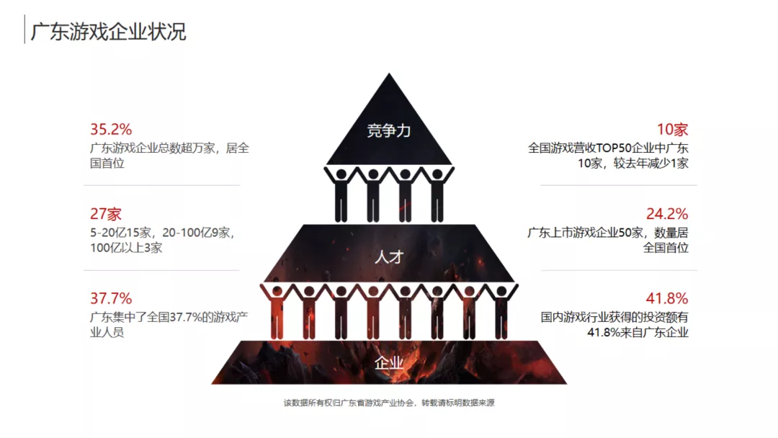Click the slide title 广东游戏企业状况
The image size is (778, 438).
pyautogui.click(x=108, y=31)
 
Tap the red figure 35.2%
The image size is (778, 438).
pyautogui.click(x=111, y=130)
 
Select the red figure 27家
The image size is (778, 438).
pyautogui.click(x=106, y=214)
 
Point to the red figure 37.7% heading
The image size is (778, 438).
pyautogui.click(x=111, y=298)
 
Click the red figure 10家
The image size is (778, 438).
pyautogui.click(x=672, y=130)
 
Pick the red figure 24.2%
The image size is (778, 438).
pyautogui.click(x=667, y=214)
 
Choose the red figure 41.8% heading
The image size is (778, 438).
pyautogui.click(x=667, y=298)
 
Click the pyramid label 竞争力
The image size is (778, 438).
pyautogui.click(x=388, y=130)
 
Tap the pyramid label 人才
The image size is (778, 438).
pyautogui.click(x=389, y=257)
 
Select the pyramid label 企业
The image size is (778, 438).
pyautogui.click(x=389, y=363)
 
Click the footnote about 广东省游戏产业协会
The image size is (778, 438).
pyautogui.click(x=389, y=403)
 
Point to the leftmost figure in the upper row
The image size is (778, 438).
pyautogui.click(x=340, y=195)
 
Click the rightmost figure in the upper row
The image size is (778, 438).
pyautogui.click(x=437, y=195)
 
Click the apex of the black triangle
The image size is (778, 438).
pyautogui.click(x=389, y=73)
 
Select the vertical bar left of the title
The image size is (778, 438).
pyautogui.click(x=24, y=30)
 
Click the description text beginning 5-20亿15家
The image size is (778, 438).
pyautogui.click(x=162, y=240)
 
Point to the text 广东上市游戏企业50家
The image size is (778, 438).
pyautogui.click(x=585, y=232)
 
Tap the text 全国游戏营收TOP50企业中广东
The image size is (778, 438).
pyautogui.click(x=608, y=148)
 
